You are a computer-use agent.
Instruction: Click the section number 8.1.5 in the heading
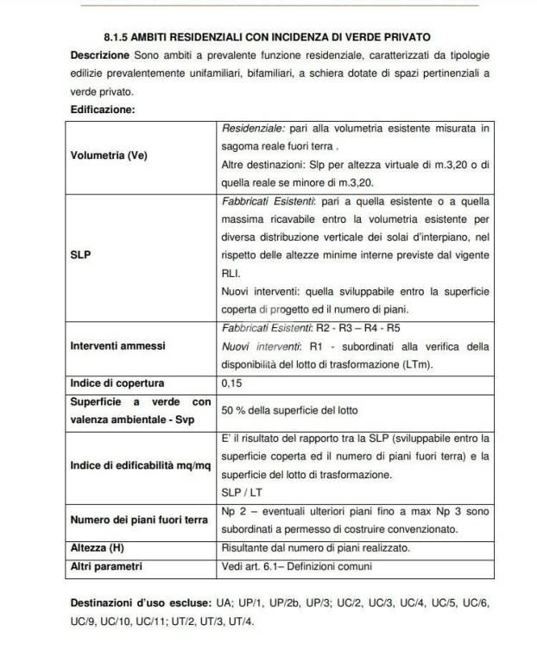[x=115, y=38]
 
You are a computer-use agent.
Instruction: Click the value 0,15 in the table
[x=231, y=382]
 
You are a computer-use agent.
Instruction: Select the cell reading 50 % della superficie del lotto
[x=288, y=409]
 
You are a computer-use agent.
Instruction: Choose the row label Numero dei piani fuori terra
[x=138, y=520]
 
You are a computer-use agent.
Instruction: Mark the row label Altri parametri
[x=106, y=566]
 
